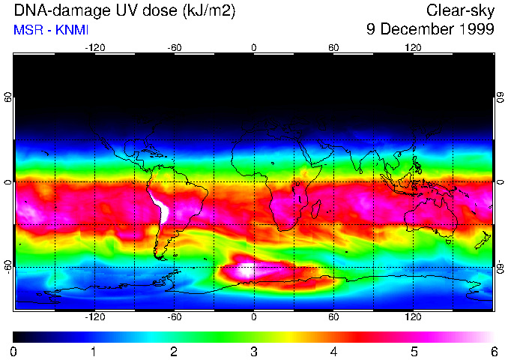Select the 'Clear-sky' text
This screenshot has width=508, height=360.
click(x=460, y=10)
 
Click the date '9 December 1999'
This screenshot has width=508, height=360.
click(x=430, y=30)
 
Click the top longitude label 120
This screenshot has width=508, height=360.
click(x=413, y=47)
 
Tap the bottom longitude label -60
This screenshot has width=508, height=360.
click(x=174, y=317)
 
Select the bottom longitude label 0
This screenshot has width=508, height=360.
click(x=253, y=317)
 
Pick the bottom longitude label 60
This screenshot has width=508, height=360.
click(x=333, y=317)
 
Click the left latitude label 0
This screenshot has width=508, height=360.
click(x=8, y=182)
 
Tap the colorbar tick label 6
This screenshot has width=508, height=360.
click(x=494, y=351)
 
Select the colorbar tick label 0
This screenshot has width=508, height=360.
click(x=13, y=351)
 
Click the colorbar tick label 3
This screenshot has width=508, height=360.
click(x=254, y=351)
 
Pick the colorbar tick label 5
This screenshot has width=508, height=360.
click(x=414, y=351)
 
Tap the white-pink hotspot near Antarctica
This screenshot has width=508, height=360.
click(x=247, y=268)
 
